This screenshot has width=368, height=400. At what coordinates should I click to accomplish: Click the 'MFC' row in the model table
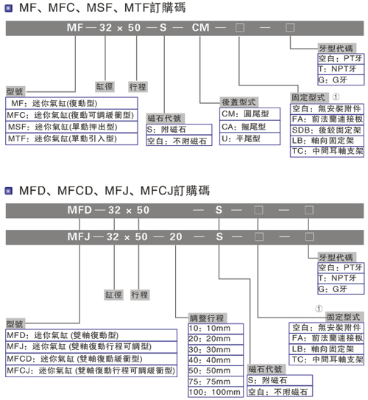coord(71,115)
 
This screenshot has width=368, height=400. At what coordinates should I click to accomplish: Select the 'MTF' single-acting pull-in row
coord(71,138)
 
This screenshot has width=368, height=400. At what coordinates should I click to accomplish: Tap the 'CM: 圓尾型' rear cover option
coord(250,113)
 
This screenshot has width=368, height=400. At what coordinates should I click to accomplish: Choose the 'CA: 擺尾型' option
coord(250,127)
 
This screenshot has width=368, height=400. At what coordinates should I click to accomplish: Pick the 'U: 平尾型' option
coord(250,138)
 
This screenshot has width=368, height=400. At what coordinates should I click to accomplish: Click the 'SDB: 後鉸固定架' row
coord(327,130)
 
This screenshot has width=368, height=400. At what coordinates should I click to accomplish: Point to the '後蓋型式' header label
coord(238,102)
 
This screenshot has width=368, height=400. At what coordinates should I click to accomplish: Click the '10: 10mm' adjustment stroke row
coord(216,329)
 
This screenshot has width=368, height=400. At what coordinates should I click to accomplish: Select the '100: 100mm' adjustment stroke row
coord(216,392)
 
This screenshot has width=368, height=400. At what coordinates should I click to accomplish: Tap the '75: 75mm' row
coord(216,382)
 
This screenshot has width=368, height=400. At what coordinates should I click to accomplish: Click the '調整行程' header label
coord(208,318)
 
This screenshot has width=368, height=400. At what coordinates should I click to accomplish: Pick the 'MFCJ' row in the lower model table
coord(91,371)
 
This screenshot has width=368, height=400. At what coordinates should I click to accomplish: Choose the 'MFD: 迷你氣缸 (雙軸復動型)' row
coord(91,335)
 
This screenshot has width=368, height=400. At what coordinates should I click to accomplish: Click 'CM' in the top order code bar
coord(201,27)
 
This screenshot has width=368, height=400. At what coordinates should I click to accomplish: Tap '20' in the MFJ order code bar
coord(176,237)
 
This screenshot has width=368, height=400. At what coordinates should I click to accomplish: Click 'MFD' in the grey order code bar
coord(79,210)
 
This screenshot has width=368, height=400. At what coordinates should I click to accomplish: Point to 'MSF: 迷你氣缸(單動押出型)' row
coord(71,127)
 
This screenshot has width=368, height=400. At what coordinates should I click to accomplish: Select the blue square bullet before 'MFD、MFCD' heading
coord(9,191)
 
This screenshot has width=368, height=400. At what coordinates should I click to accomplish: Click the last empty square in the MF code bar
coord(290,27)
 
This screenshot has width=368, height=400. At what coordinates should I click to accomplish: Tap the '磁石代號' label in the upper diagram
coord(165,119)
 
